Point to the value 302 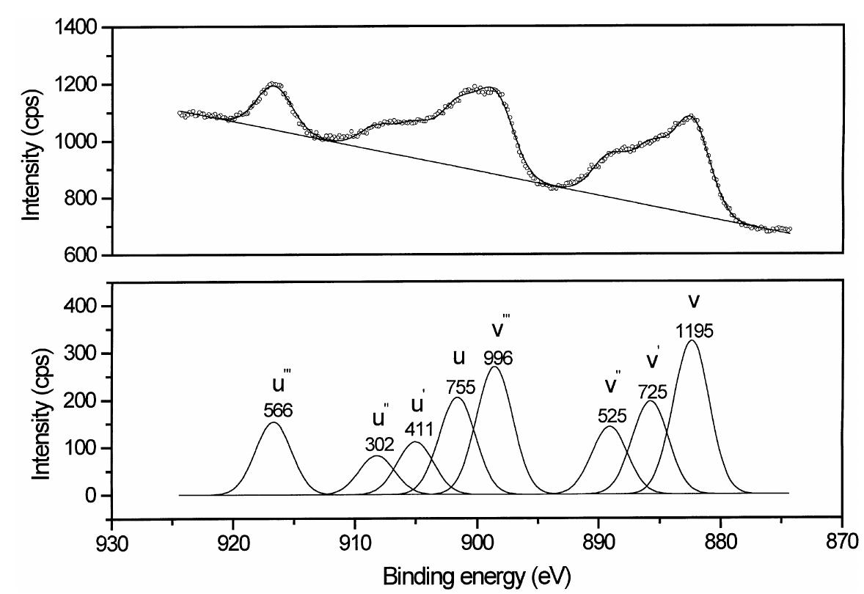point(380,444)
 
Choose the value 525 point(612,416)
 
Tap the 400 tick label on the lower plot point(87,306)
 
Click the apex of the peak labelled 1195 point(691,340)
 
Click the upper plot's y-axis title point(31,142)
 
